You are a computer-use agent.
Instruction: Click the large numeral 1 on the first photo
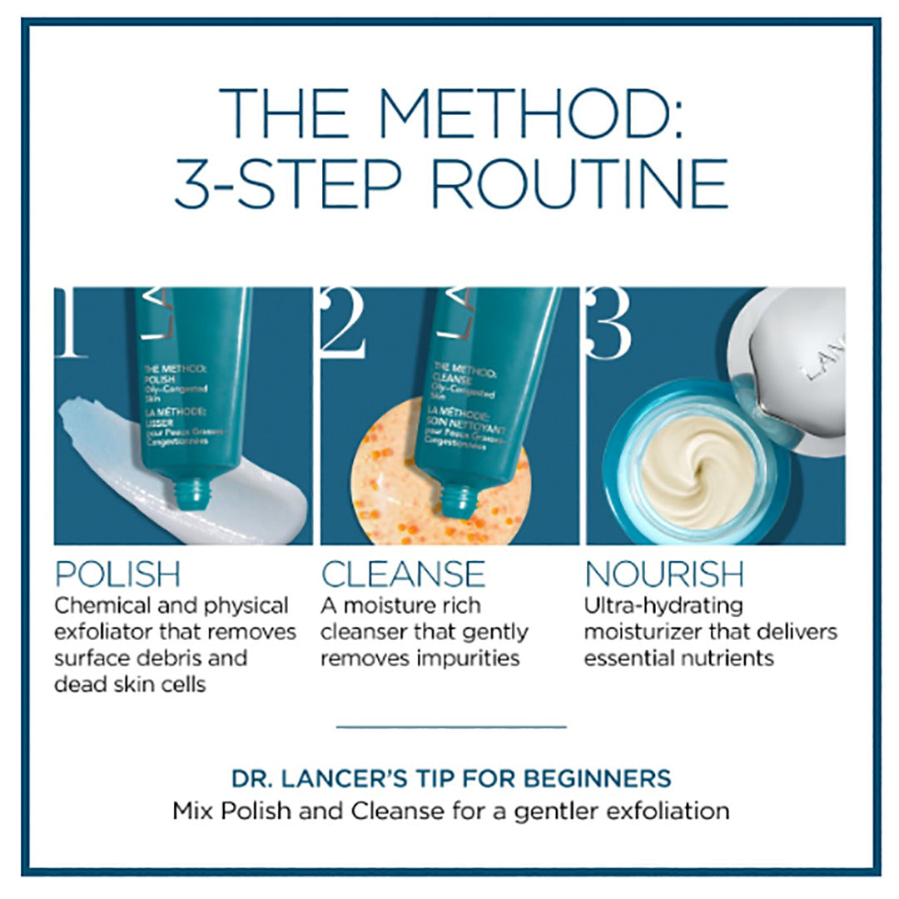72,325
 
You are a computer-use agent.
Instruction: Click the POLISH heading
117,574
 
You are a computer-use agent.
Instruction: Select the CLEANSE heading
403,574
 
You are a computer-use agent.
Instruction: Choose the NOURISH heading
664,574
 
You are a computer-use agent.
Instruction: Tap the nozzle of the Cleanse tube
459,499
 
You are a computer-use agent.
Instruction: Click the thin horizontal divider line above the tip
450,727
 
